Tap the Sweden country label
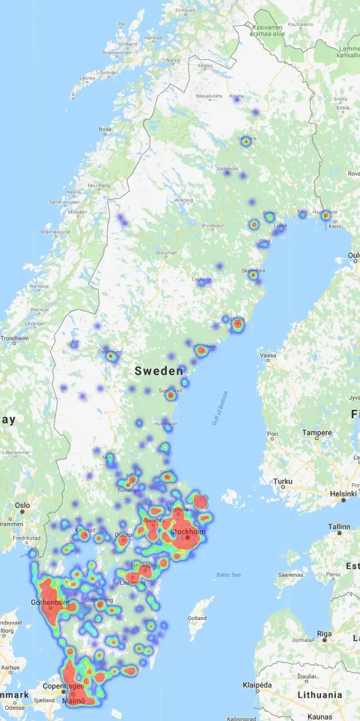tap(159, 371)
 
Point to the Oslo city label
tap(22, 504)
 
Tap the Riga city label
tap(324, 634)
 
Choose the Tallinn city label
tap(339, 526)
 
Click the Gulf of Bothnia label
tap(220, 408)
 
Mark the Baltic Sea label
tap(229, 574)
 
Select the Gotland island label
tap(197, 618)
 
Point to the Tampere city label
tap(317, 432)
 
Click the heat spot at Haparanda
tap(325, 215)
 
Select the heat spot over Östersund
tap(111, 356)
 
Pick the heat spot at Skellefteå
tap(253, 275)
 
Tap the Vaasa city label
tap(268, 355)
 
